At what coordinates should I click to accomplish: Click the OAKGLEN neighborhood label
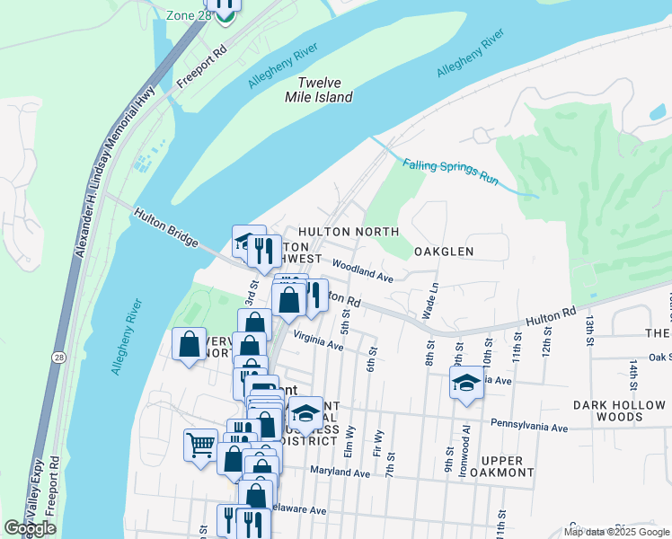click(x=443, y=252)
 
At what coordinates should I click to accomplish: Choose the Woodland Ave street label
click(x=363, y=271)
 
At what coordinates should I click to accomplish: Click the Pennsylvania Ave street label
click(x=529, y=424)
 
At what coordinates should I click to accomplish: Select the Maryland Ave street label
click(x=340, y=473)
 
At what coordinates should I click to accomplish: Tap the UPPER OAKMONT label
click(x=508, y=466)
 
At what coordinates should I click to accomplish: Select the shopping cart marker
click(x=200, y=443)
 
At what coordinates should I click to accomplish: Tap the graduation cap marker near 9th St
click(x=466, y=384)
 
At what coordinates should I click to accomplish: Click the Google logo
click(x=31, y=528)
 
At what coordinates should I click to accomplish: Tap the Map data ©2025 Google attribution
click(x=616, y=532)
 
